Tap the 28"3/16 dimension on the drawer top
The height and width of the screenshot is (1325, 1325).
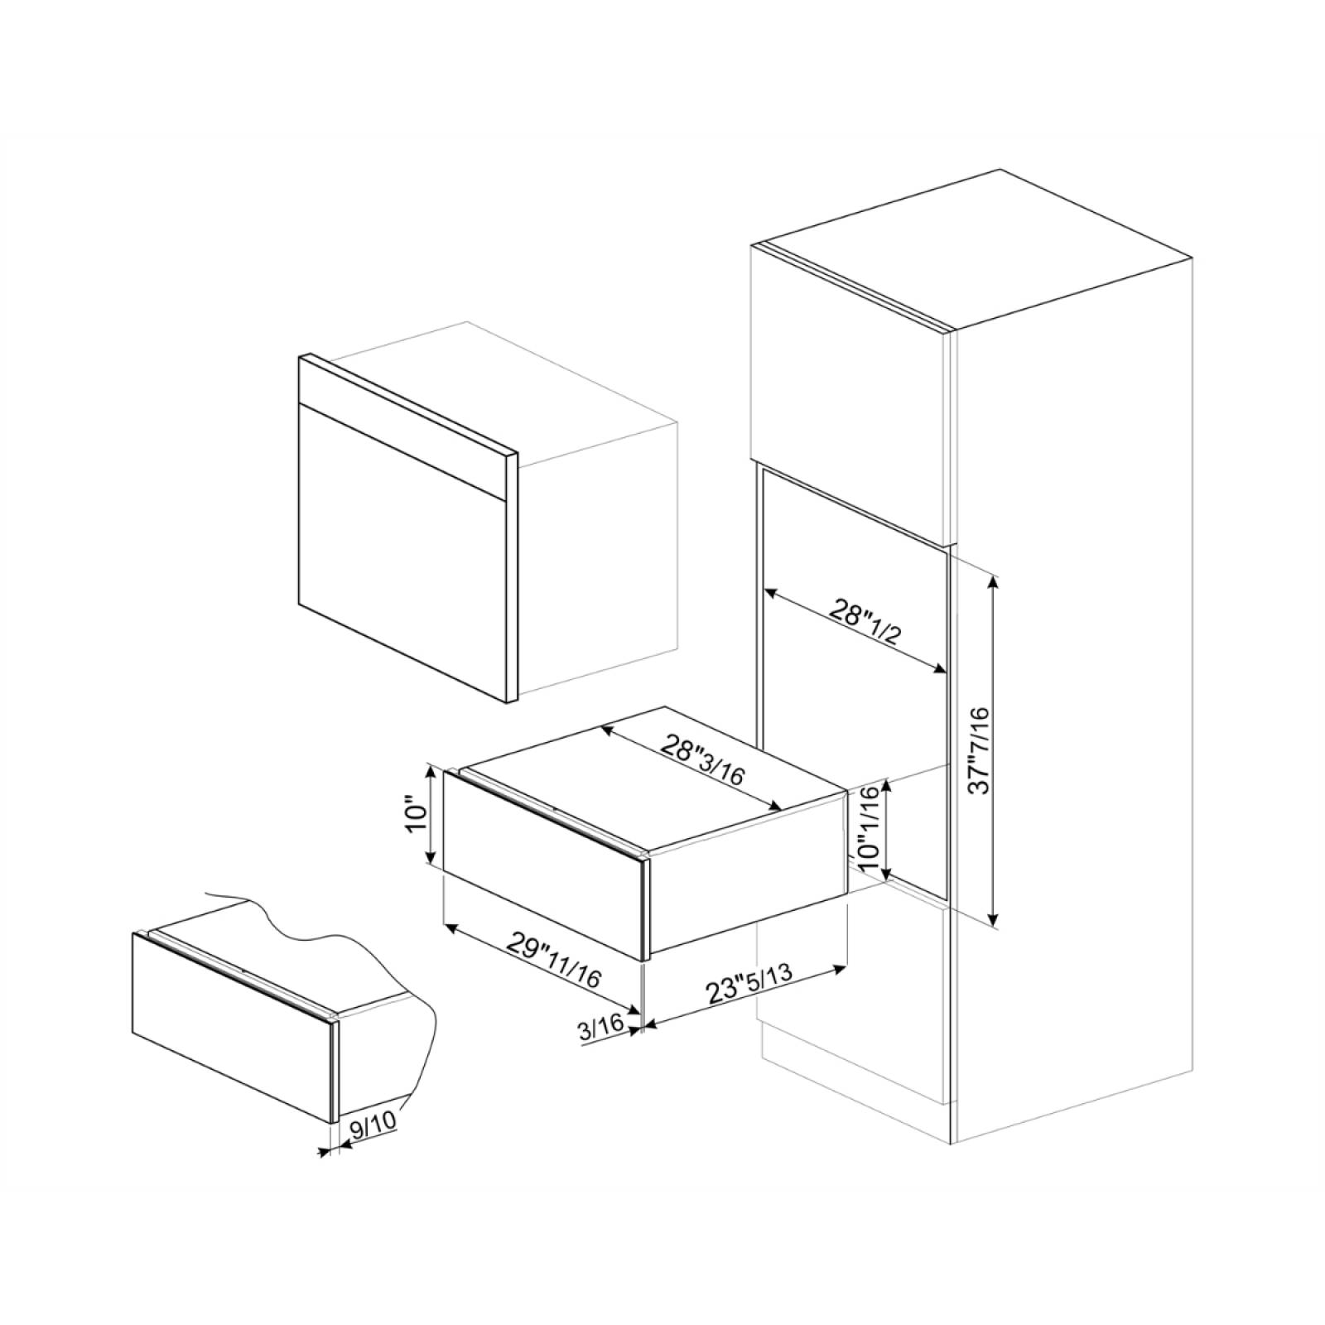point(702,759)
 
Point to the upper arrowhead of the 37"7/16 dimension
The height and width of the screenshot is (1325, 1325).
point(995,579)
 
